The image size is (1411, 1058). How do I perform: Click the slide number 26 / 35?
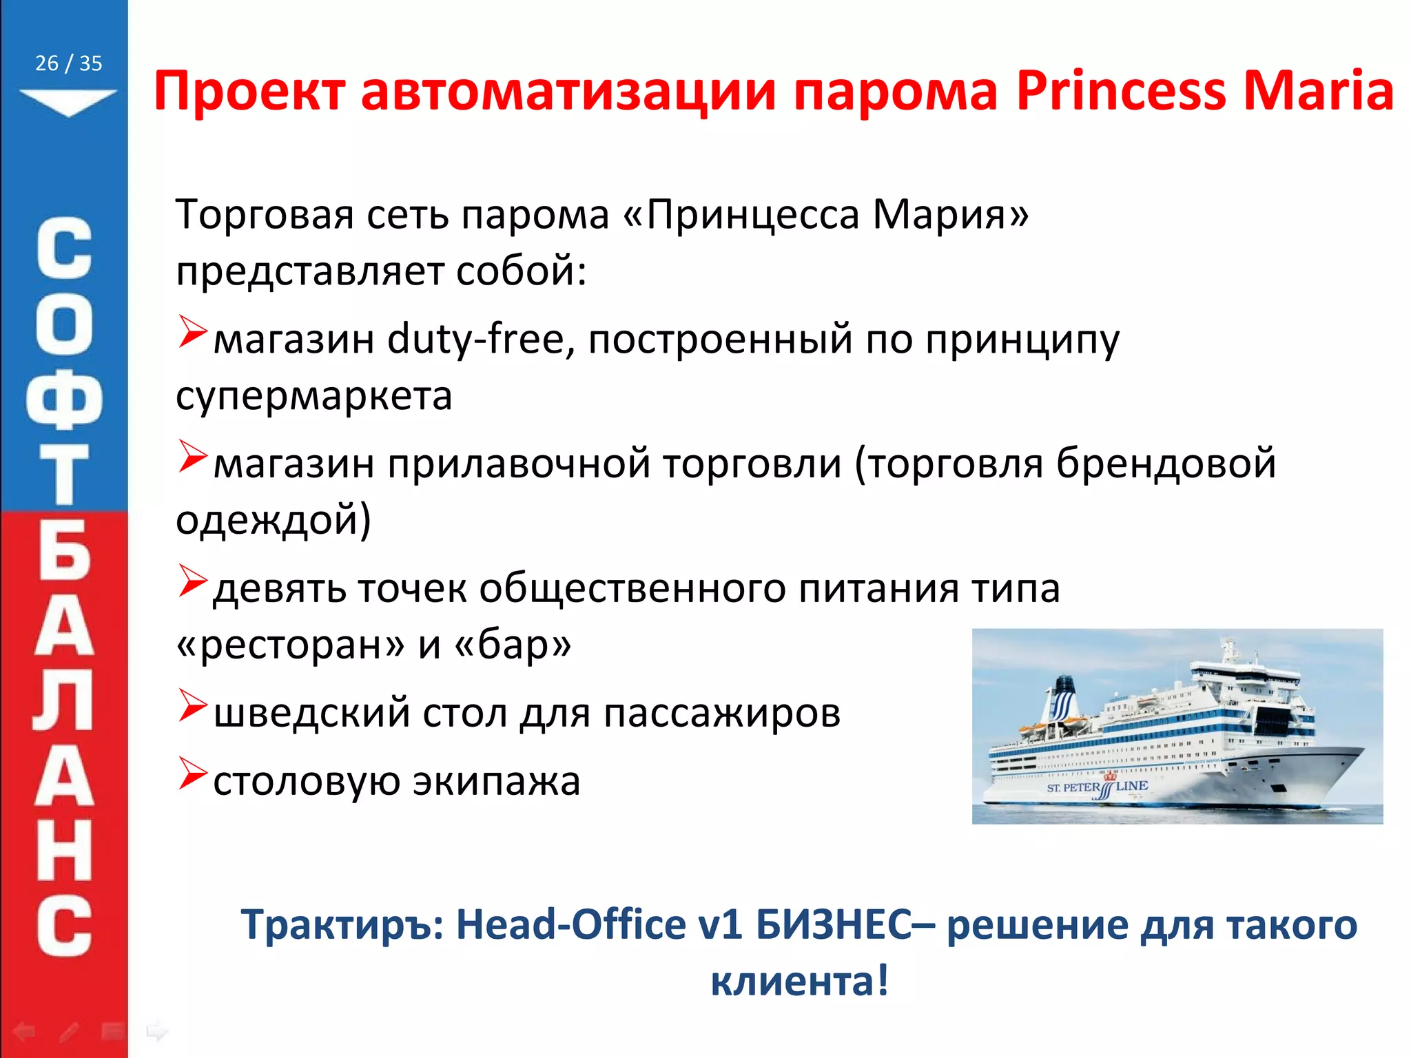point(68,63)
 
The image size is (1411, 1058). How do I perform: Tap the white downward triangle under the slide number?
point(68,101)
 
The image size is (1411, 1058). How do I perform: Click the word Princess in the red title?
point(1121,91)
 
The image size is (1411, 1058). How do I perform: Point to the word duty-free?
point(476,339)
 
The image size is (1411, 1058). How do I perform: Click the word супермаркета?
point(314,396)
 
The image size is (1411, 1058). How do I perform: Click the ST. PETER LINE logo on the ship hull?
point(1097,788)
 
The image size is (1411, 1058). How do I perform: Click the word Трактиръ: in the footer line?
point(342,924)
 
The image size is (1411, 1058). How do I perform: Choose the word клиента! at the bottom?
point(799,981)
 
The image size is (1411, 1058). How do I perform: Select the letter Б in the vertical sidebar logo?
point(64,551)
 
